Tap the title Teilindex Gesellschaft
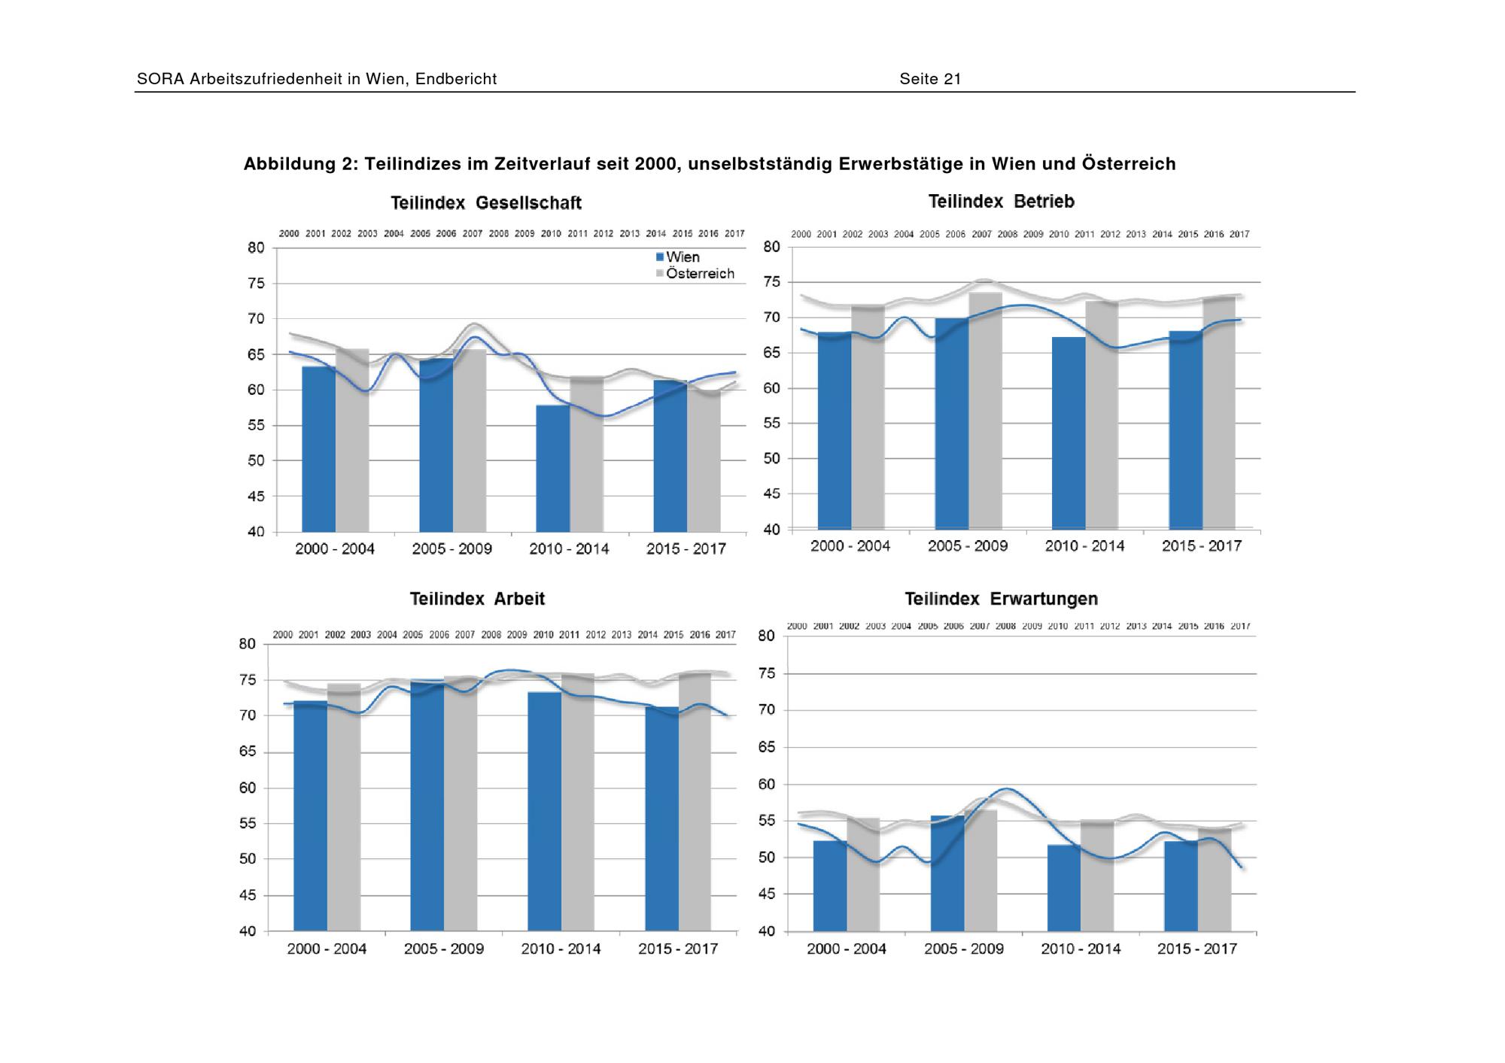point(486,203)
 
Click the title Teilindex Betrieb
point(1001,202)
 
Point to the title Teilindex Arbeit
point(477,599)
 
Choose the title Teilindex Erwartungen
point(1001,599)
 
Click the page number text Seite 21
point(930,79)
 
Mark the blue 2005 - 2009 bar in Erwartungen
point(947,873)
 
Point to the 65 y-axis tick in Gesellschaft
point(256,354)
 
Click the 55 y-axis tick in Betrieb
point(772,424)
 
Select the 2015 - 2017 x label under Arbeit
point(678,949)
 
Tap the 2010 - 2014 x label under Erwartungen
point(1081,949)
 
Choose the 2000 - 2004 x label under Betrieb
point(850,546)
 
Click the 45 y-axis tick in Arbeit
point(248,895)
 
